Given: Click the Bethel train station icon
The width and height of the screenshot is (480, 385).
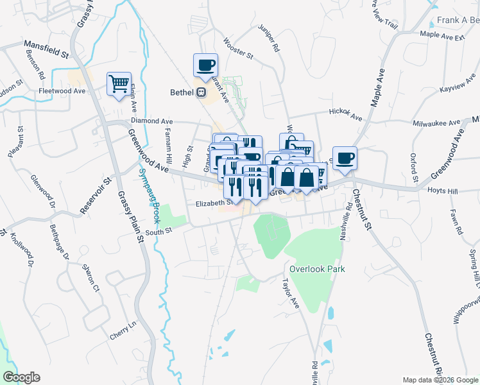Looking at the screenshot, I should coord(201,92).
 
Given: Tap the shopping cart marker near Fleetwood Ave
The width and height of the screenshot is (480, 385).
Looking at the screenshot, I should coord(119,84).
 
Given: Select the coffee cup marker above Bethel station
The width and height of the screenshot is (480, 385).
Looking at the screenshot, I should coord(205,65).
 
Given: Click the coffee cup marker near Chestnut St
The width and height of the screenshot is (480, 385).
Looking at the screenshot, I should coord(345,158).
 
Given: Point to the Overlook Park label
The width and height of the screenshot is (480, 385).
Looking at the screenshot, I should coord(317,269).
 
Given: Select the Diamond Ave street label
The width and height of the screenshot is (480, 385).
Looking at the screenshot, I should coord(151,120).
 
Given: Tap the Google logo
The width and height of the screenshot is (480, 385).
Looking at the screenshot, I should coord(21,377).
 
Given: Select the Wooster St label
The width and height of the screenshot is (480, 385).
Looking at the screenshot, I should coord(238,48).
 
